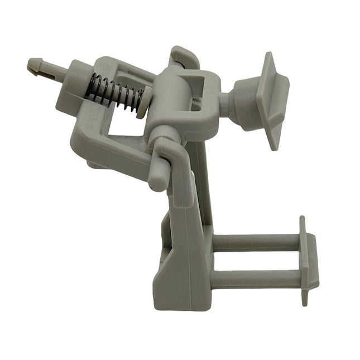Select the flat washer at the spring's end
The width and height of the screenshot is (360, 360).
(143, 101)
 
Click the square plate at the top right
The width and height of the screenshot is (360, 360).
(273, 100)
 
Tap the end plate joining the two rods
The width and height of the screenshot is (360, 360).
(309, 260)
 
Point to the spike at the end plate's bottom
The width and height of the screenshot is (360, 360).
(304, 298)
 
